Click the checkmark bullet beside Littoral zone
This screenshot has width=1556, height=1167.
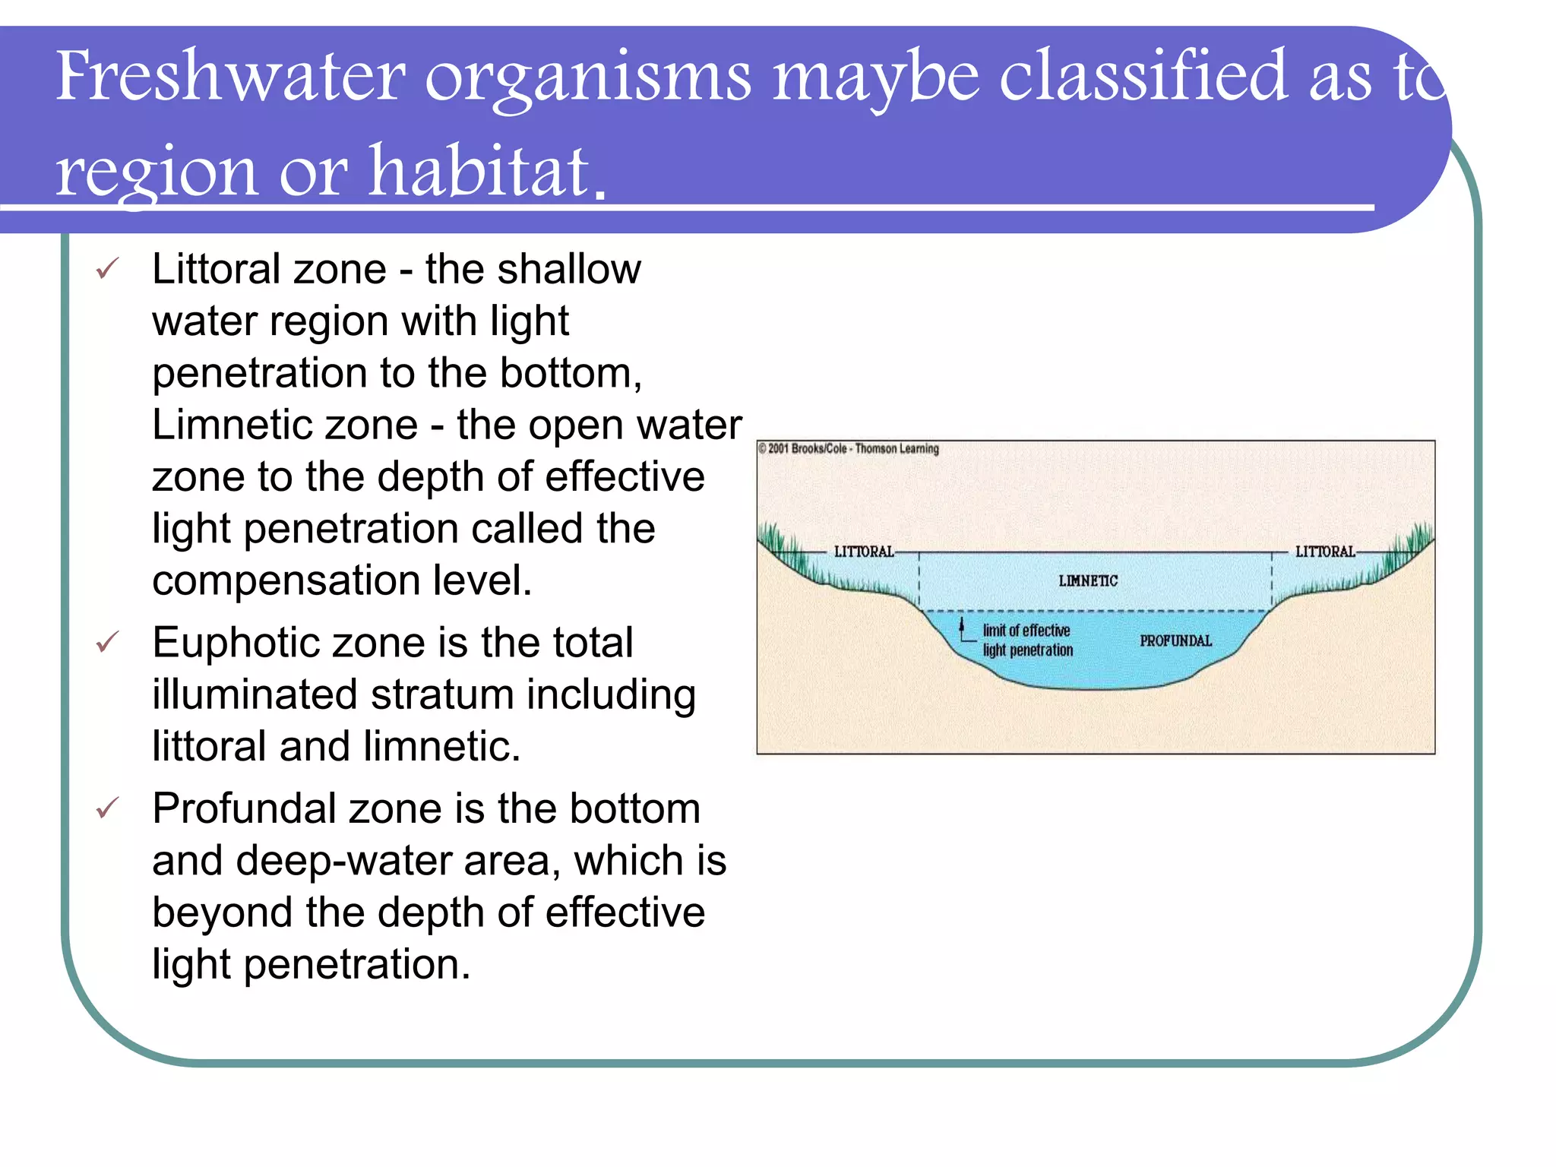click(107, 269)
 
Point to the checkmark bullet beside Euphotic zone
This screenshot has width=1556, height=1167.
click(107, 643)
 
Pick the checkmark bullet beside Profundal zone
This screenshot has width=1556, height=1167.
click(107, 808)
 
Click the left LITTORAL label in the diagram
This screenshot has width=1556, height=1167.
click(864, 552)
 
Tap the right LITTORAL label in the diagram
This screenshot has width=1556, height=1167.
click(1325, 552)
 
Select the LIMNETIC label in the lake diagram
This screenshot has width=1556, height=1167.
click(1088, 581)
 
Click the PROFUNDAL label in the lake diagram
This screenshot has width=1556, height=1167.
click(1175, 641)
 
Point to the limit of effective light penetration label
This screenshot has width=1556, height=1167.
click(1027, 640)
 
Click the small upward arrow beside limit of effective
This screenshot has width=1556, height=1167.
click(963, 628)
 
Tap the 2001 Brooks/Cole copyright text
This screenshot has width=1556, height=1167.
click(849, 449)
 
